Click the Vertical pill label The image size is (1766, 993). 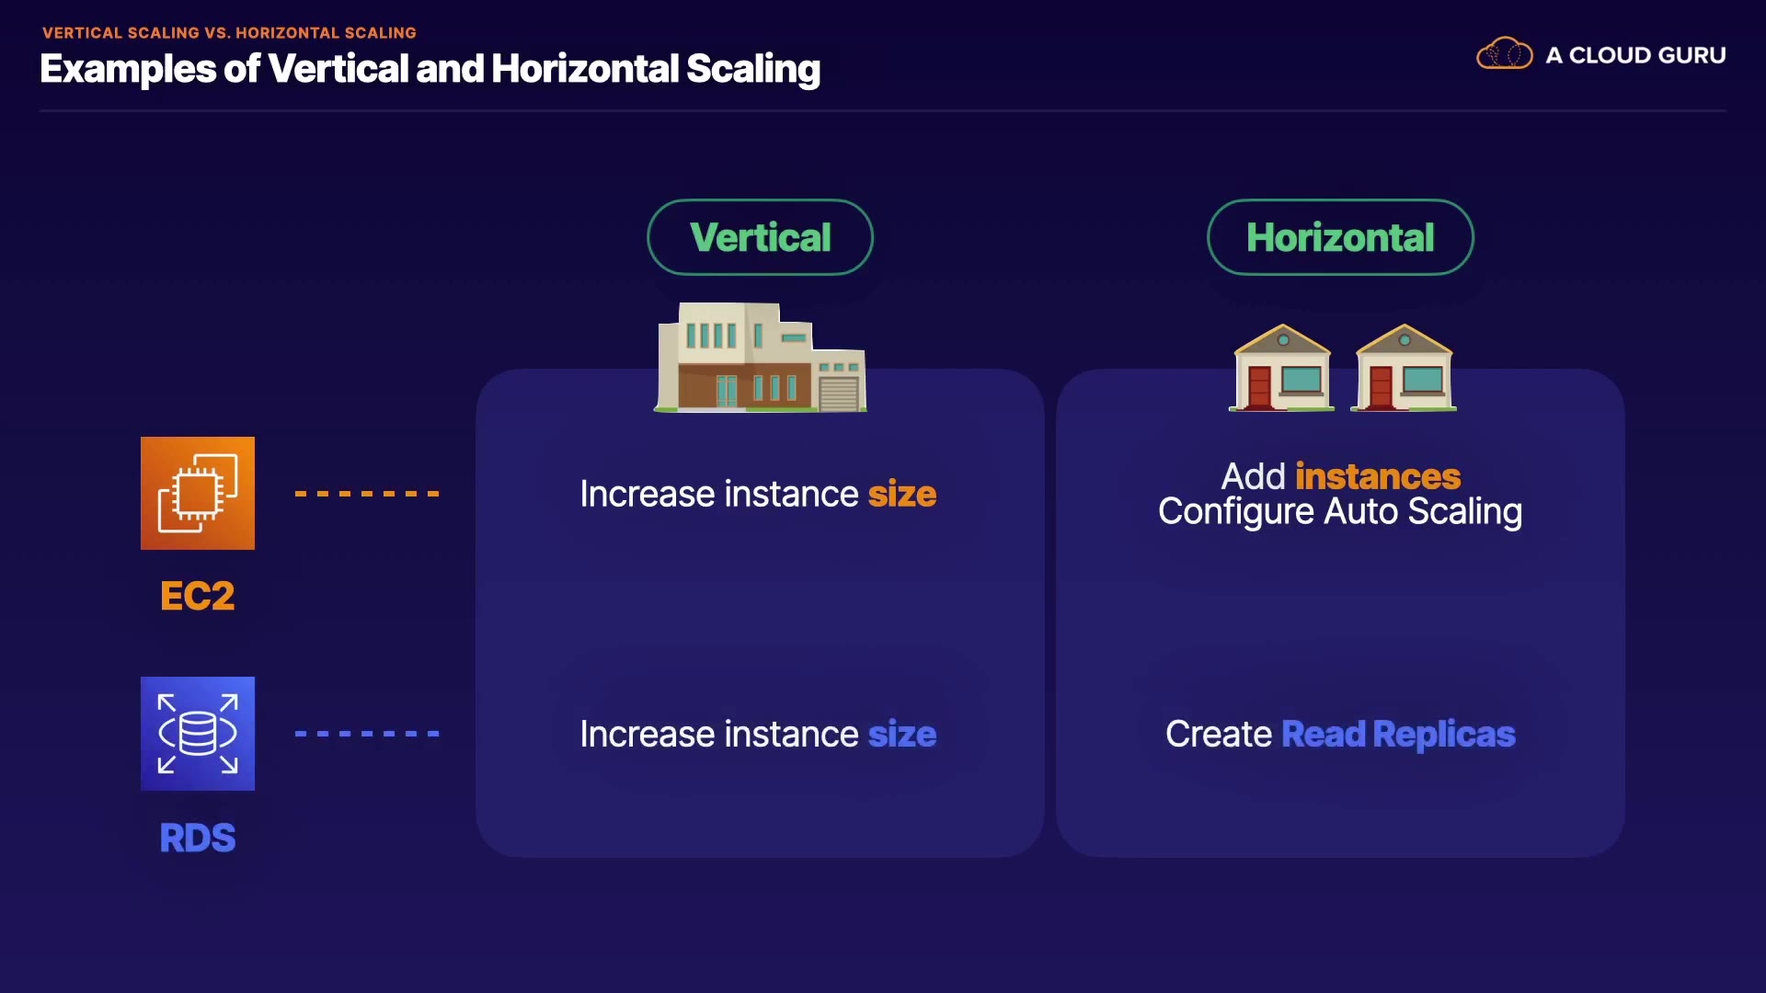pyautogui.click(x=760, y=237)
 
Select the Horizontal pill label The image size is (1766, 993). pyautogui.click(x=1339, y=237)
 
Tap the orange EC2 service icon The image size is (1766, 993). pyautogui.click(x=198, y=494)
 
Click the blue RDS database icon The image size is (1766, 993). pyautogui.click(x=198, y=734)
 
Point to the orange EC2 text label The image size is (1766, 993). pyautogui.click(x=198, y=596)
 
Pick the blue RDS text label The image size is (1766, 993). pyautogui.click(x=198, y=838)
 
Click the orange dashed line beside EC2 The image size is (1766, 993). pyautogui.click(x=367, y=494)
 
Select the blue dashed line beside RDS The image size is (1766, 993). pyautogui.click(x=367, y=734)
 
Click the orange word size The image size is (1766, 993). pyautogui.click(x=901, y=495)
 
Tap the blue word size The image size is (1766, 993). pyautogui.click(x=901, y=735)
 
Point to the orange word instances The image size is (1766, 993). pyautogui.click(x=1377, y=476)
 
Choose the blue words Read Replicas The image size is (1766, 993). pyautogui.click(x=1397, y=735)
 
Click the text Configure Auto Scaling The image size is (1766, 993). pyautogui.click(x=1339, y=512)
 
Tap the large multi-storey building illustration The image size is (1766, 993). pyautogui.click(x=760, y=359)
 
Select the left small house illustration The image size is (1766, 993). pyautogui.click(x=1282, y=368)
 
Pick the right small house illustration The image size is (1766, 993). pyautogui.click(x=1404, y=368)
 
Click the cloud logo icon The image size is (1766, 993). pyautogui.click(x=1504, y=54)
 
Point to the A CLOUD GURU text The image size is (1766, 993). pyautogui.click(x=1635, y=55)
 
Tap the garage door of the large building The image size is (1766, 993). pyautogui.click(x=838, y=394)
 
